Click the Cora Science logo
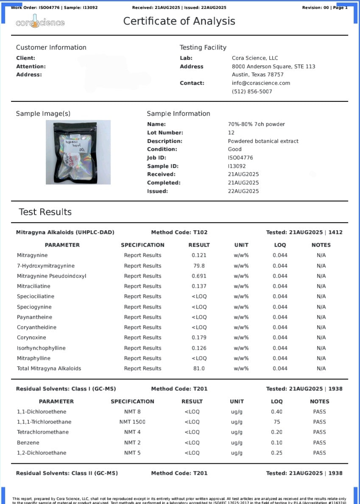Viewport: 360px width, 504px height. coord(40,22)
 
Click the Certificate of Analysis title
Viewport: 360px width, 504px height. coord(179,21)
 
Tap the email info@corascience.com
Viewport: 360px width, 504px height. coord(261,83)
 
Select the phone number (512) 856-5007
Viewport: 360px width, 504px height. coord(252,92)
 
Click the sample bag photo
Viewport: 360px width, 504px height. coord(78,152)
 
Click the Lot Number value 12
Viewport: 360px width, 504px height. coord(231,133)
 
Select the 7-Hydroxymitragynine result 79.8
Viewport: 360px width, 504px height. coord(199,266)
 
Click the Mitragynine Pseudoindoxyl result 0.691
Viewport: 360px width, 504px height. coord(199,276)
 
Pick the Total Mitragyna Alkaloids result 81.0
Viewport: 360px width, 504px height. coord(199,368)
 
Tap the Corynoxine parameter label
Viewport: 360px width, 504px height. coord(31,337)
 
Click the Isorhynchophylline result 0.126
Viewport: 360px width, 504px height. coord(199,348)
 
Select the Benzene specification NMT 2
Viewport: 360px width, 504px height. coord(132,443)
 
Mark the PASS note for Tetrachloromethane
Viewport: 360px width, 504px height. coord(319,432)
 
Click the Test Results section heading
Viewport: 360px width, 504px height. coord(45,212)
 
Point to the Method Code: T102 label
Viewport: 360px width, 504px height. coord(179,232)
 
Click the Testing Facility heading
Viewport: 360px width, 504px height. coord(203,47)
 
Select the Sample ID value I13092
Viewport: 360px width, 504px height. coord(237,166)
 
